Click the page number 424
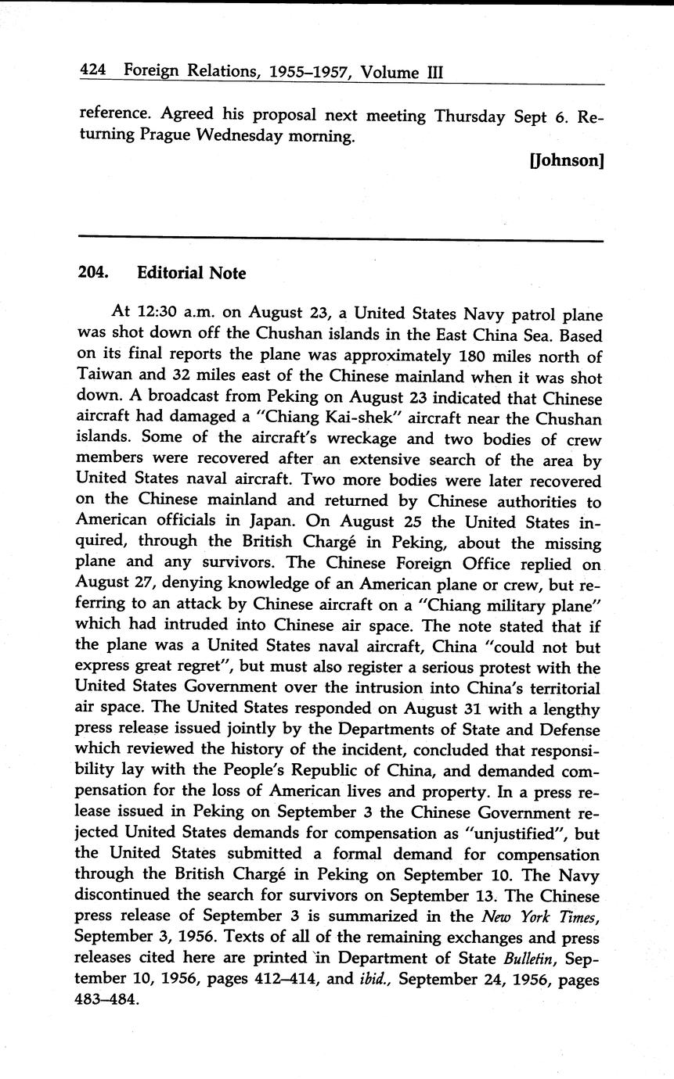pos(95,72)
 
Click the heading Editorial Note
pos(191,273)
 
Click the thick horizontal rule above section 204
pos(340,239)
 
